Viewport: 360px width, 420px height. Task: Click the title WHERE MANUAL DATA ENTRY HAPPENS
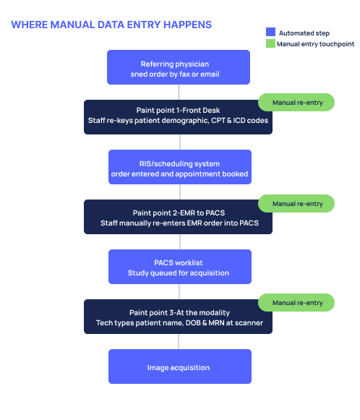(111, 25)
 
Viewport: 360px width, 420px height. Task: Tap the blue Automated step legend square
(271, 32)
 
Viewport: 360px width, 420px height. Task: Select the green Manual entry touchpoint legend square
(271, 43)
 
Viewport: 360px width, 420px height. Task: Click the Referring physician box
(179, 67)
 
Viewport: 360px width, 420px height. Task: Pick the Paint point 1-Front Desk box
(179, 116)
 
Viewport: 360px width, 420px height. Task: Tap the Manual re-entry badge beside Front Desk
(297, 103)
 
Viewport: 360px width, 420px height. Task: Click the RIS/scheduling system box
(179, 167)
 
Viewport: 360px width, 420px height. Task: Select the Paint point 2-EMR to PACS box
(179, 218)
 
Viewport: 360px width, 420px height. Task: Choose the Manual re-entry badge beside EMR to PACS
(297, 203)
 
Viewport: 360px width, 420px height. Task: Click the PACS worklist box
(179, 267)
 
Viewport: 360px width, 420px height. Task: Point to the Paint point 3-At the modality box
(179, 317)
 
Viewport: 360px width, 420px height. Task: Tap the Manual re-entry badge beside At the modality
(297, 302)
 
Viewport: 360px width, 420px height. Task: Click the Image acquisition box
(179, 367)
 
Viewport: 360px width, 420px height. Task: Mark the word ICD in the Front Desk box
(242, 121)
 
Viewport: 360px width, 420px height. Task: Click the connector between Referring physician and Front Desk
(179, 92)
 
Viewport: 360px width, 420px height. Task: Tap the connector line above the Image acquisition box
(179, 342)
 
